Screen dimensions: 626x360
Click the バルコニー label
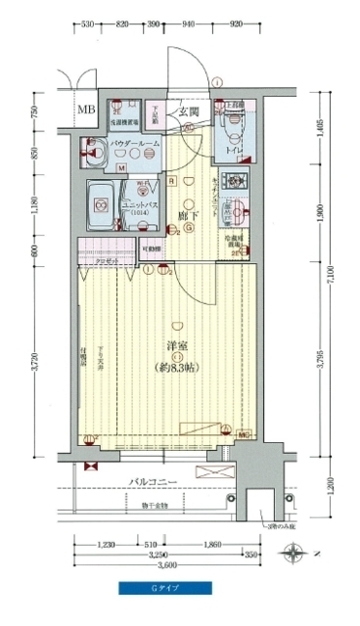tap(156, 482)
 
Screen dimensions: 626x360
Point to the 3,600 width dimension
tap(173, 566)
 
